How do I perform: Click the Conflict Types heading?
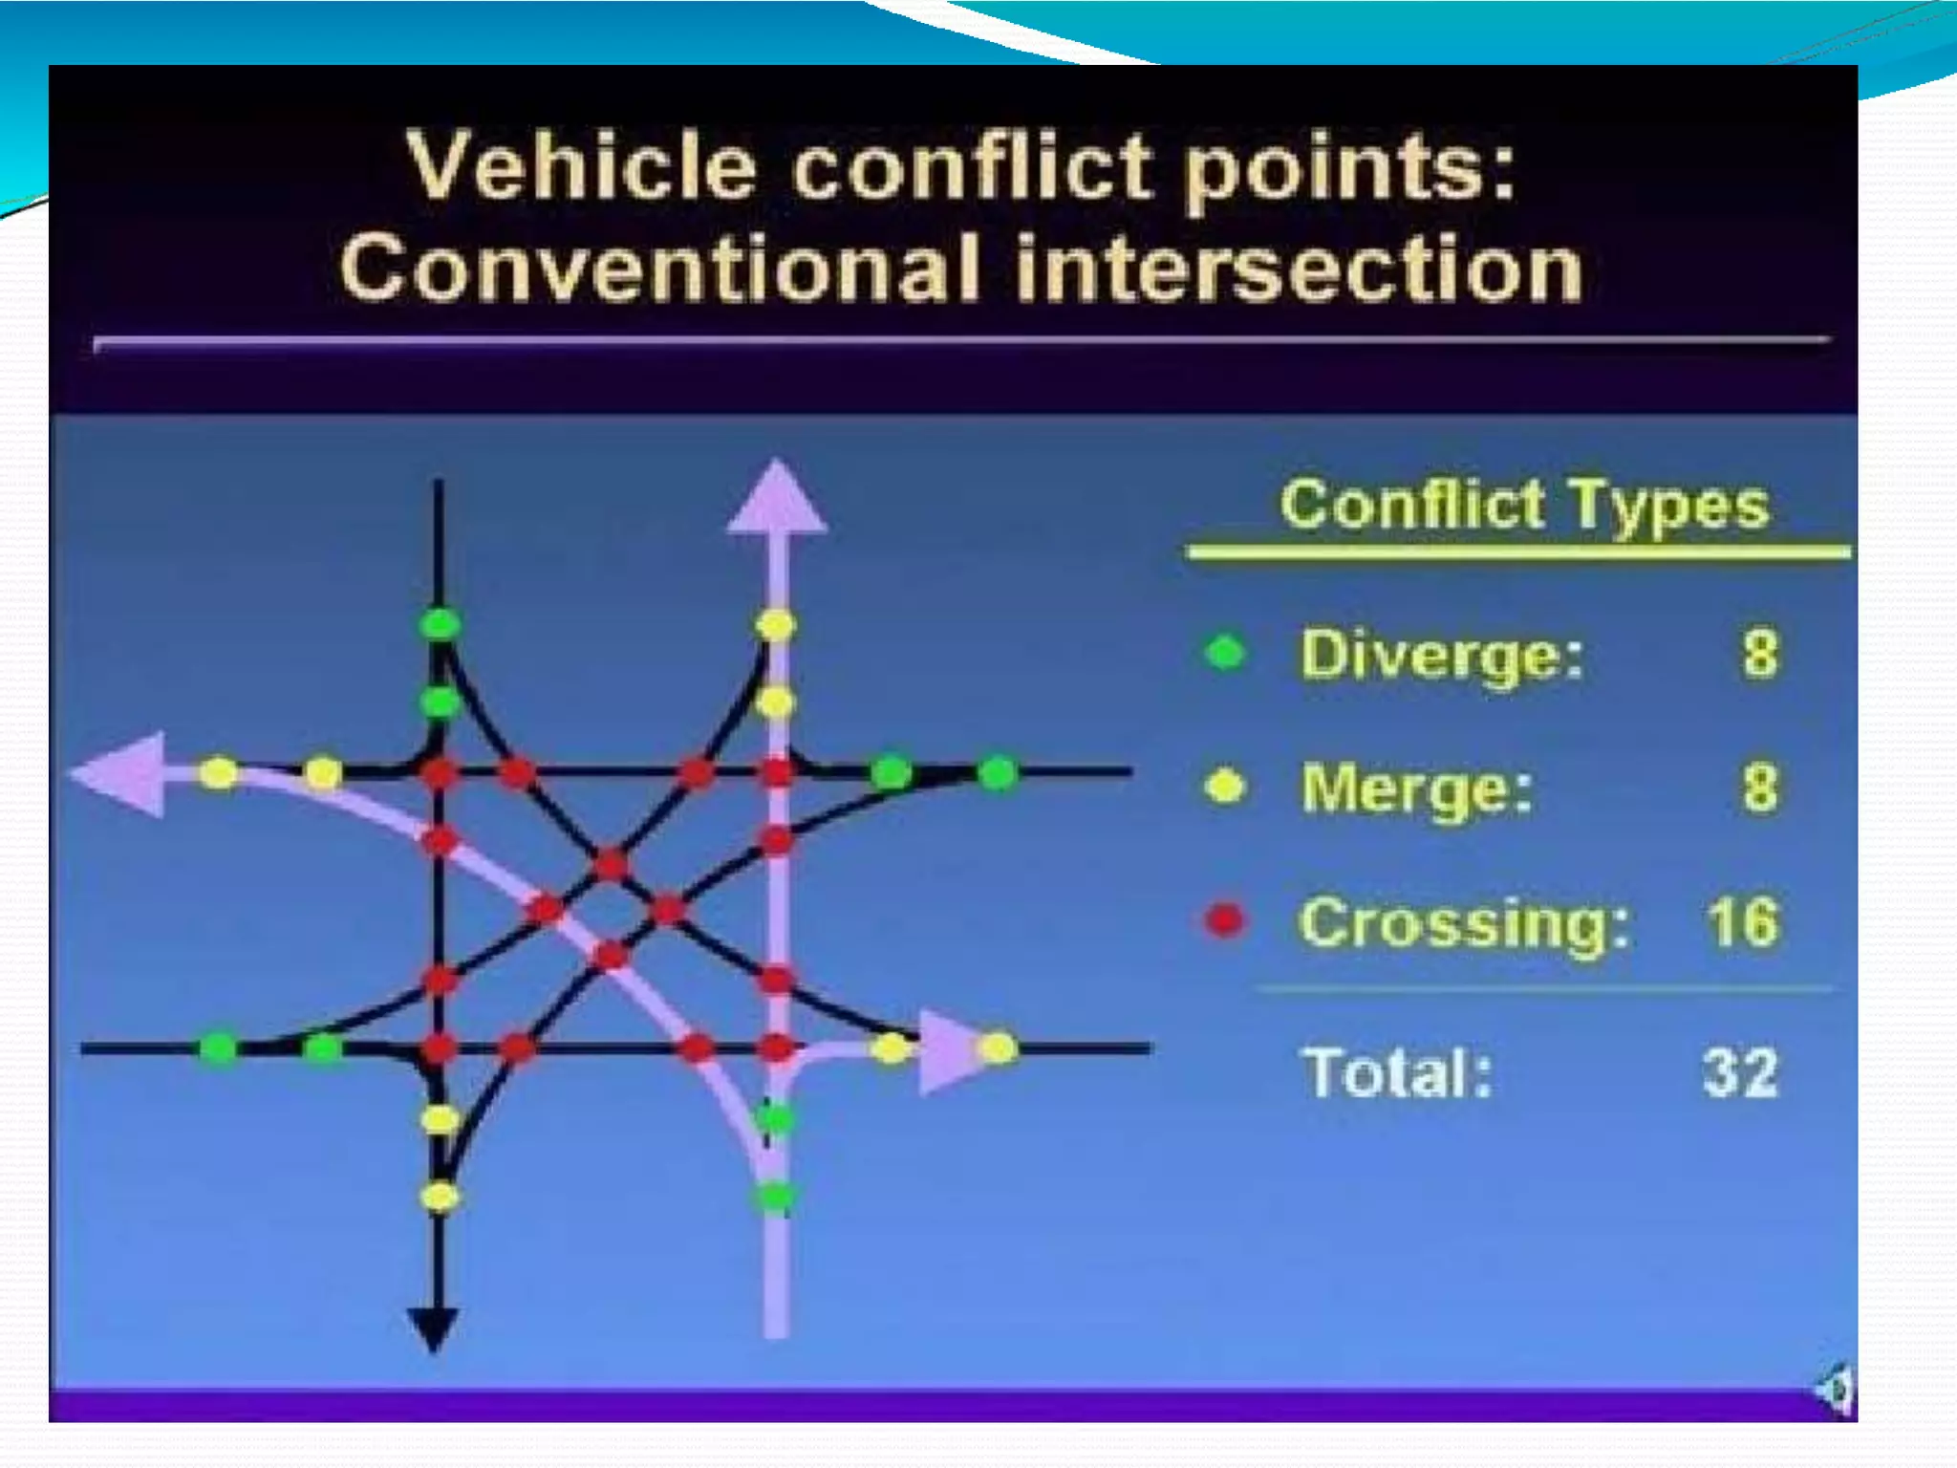(1524, 504)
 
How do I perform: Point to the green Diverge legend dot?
(1226, 653)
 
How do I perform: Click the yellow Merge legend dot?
(1226, 787)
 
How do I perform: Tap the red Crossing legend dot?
(1226, 920)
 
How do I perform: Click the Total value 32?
(1740, 1072)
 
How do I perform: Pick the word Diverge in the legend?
(1441, 656)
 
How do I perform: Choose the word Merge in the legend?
(1417, 789)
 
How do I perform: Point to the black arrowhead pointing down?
(435, 1328)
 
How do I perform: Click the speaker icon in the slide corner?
(1836, 1388)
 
